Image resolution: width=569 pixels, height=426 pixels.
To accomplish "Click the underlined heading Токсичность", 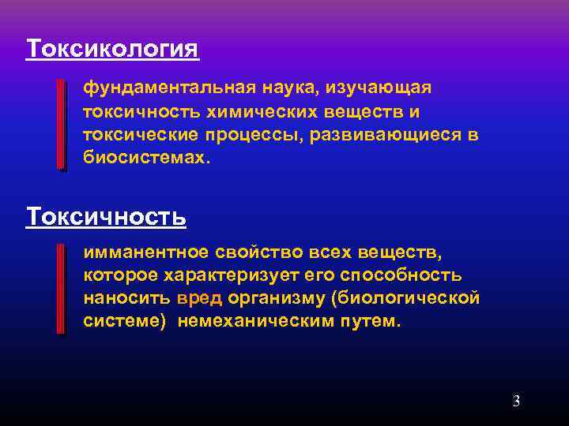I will point(106,215).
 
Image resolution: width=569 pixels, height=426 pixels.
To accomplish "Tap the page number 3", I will point(516,401).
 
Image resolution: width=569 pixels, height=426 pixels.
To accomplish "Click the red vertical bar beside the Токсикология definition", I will point(62,124).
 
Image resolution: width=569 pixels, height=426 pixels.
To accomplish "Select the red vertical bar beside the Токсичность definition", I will point(62,289).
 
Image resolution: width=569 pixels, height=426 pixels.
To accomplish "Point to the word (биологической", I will point(405,299).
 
